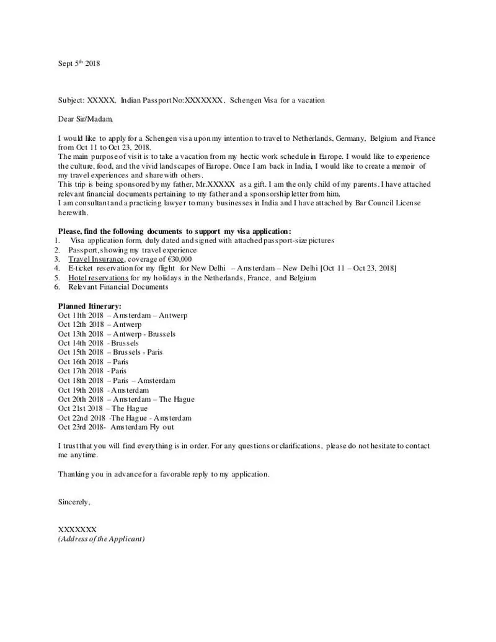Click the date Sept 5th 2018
coord(79,63)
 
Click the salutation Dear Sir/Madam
coord(86,118)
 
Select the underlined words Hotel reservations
coord(99,278)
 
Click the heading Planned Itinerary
coord(90,306)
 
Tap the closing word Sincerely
coord(74,502)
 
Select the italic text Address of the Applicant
coord(101,539)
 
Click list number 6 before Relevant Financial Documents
coord(56,287)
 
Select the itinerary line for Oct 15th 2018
coord(110,352)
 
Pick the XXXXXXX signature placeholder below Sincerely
coord(77,530)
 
